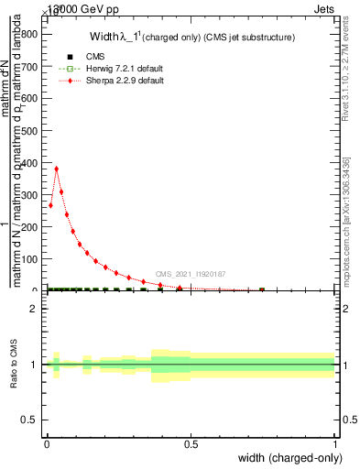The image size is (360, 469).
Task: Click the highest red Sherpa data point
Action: (57, 169)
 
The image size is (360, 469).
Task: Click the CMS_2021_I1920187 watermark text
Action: (191, 274)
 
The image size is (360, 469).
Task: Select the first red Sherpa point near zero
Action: (50, 205)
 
